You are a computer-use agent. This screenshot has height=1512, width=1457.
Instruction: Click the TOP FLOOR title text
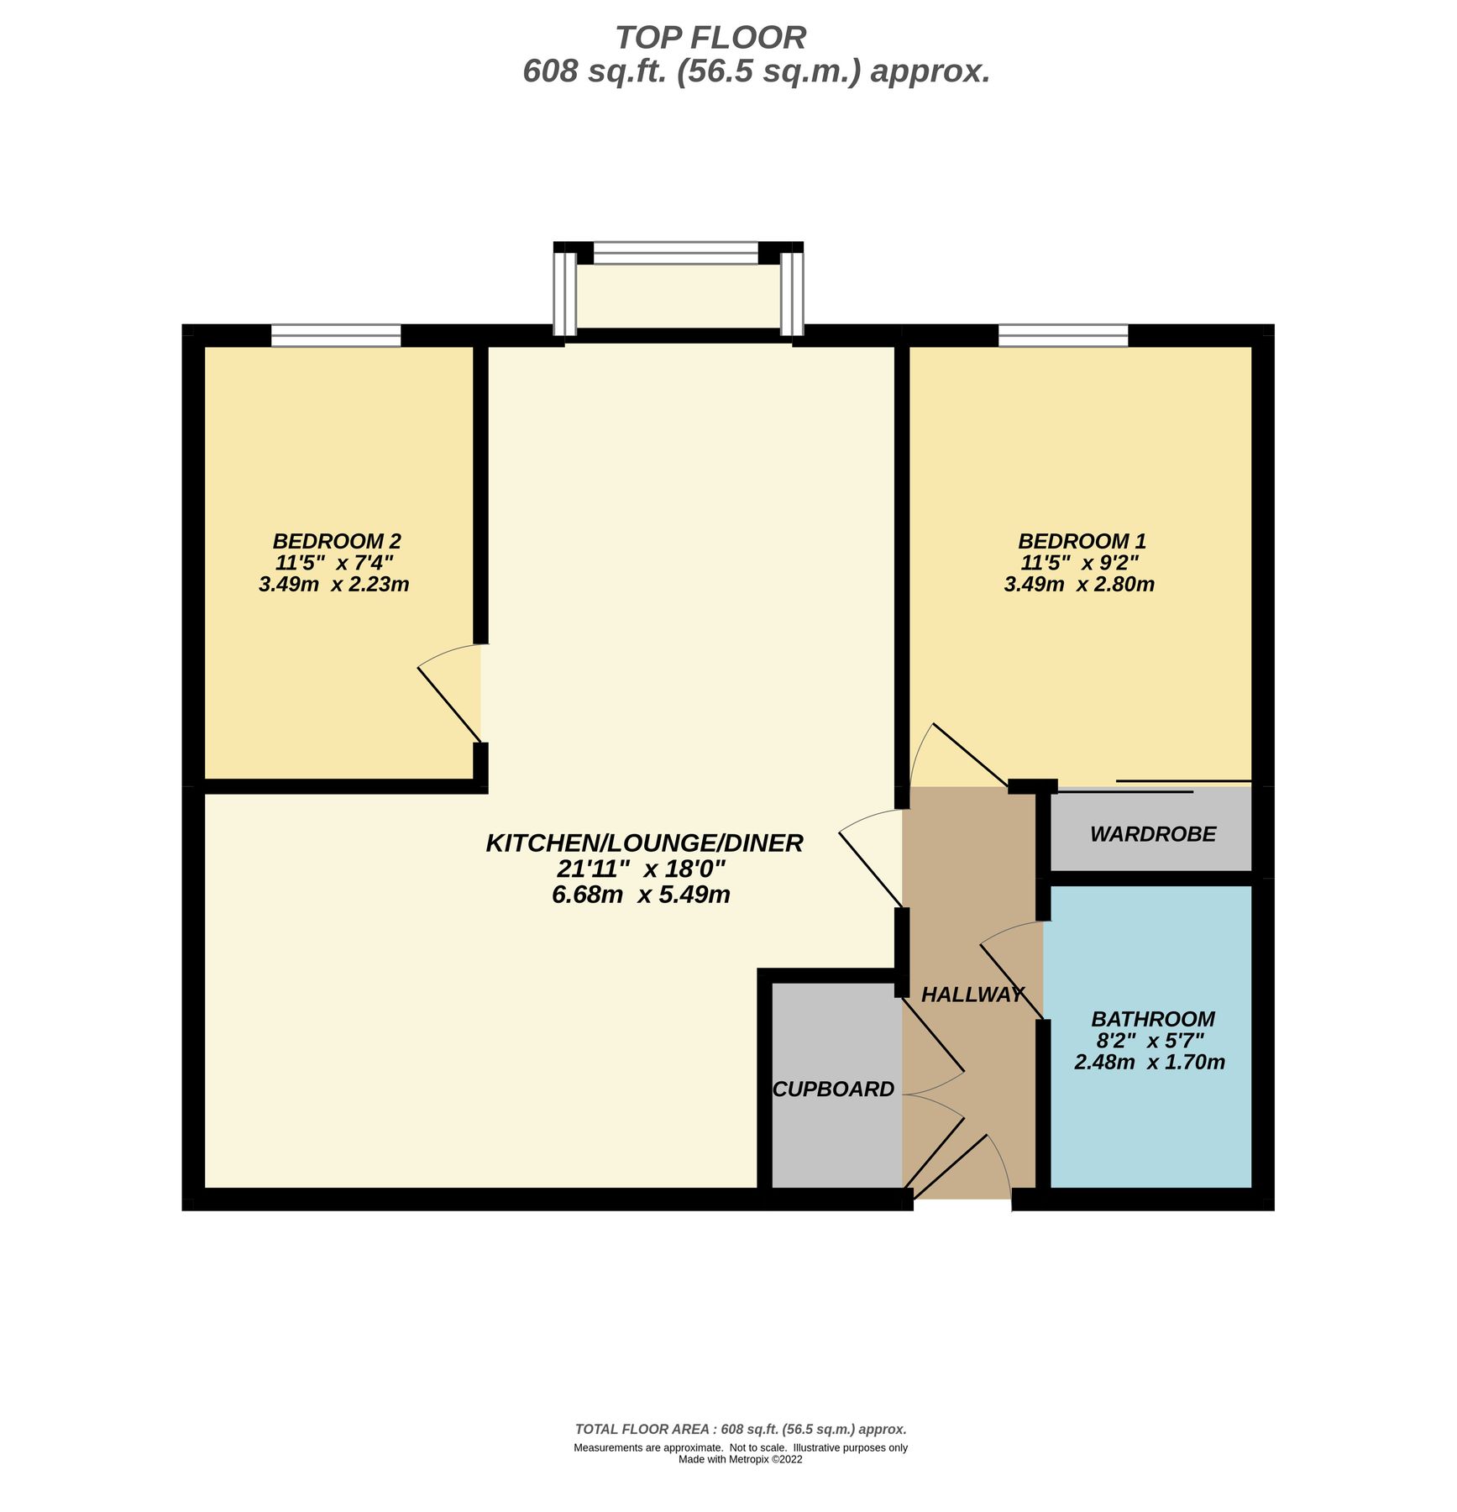click(710, 38)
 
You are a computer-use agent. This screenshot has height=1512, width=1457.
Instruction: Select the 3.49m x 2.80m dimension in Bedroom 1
click(1079, 585)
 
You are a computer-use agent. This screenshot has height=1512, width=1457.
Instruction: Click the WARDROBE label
click(1152, 834)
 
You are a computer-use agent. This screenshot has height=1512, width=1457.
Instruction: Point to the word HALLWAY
click(972, 995)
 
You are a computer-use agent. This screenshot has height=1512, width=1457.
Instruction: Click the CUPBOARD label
click(833, 1089)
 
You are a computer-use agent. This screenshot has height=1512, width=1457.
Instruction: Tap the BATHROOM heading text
click(1152, 1019)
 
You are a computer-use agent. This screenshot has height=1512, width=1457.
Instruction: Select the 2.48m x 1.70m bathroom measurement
click(1149, 1063)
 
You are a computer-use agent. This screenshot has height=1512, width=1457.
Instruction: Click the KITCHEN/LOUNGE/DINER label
click(644, 843)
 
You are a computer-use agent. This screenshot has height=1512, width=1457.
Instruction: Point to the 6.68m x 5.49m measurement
click(640, 895)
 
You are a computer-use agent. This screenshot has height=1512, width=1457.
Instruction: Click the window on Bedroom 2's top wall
click(336, 336)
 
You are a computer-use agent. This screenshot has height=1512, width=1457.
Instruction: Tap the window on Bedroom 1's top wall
click(1062, 336)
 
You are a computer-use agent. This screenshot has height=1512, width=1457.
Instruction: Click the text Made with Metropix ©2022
click(740, 1459)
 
